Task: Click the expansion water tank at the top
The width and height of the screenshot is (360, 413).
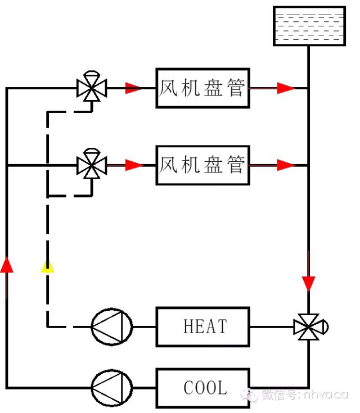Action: [x=309, y=26]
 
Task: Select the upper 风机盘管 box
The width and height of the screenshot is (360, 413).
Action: [x=202, y=88]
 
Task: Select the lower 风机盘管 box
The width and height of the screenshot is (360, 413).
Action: [x=202, y=165]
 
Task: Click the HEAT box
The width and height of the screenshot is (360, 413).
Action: [x=202, y=326]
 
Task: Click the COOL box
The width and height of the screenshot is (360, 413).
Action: [x=202, y=388]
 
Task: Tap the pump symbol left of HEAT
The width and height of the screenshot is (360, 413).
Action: [x=112, y=326]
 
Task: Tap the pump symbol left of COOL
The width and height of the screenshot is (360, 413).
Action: [x=112, y=388]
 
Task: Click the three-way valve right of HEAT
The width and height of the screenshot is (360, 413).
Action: [x=309, y=326]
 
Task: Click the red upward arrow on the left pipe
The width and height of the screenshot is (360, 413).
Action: [x=6, y=264]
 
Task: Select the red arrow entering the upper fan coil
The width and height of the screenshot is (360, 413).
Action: [x=133, y=88]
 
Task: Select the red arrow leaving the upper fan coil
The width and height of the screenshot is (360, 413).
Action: [x=286, y=88]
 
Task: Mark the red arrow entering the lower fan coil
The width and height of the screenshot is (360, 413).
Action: [x=134, y=165]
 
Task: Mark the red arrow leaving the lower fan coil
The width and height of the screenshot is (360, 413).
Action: [x=286, y=165]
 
